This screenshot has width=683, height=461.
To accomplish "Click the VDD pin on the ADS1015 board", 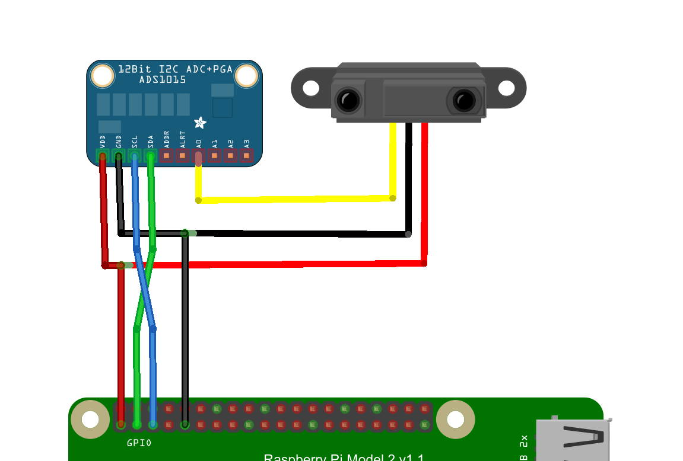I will click(103, 156).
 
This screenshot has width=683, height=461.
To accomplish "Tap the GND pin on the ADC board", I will click(119, 156).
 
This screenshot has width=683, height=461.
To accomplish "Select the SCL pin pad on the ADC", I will click(135, 156).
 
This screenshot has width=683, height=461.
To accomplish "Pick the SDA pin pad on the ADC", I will click(151, 156).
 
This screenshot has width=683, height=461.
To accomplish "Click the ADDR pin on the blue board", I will click(167, 156).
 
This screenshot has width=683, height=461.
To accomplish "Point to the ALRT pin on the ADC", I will click(183, 156).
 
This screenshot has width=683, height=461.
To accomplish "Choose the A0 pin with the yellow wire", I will click(199, 156).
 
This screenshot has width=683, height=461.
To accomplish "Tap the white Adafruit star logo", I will click(201, 123).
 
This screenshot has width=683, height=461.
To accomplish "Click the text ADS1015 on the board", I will click(163, 79).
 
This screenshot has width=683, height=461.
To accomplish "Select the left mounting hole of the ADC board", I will click(103, 76).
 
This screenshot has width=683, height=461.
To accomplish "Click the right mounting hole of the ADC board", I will click(246, 76).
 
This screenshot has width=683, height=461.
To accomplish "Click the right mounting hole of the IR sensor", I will click(506, 88).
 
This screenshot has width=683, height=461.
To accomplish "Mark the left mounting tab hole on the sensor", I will click(311, 88).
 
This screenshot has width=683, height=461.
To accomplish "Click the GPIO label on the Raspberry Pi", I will click(139, 443).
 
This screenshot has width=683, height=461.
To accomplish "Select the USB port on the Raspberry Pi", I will click(573, 439).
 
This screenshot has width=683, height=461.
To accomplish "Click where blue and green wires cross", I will click(144, 289).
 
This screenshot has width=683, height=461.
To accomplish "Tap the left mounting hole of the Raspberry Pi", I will click(90, 420).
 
